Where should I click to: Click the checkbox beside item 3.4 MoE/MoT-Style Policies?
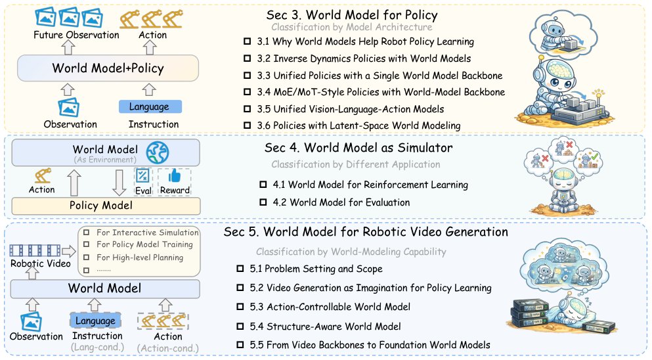click(x=247, y=92)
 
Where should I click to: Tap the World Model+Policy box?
click(x=108, y=68)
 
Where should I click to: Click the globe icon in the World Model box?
click(x=158, y=152)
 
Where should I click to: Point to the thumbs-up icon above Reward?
click(x=174, y=176)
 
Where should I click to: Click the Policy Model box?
click(x=106, y=206)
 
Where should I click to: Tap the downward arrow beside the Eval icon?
click(x=120, y=182)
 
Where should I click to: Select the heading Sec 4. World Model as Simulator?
click(x=359, y=148)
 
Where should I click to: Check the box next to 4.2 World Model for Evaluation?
click(x=263, y=202)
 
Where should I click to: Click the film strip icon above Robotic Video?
click(x=35, y=250)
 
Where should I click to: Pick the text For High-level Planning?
click(x=140, y=258)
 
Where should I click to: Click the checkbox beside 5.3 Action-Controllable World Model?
click(x=240, y=307)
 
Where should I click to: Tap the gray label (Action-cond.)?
click(x=168, y=348)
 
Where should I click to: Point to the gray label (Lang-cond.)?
click(x=98, y=347)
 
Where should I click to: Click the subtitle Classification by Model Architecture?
click(x=352, y=27)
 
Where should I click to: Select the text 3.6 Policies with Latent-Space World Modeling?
click(x=359, y=125)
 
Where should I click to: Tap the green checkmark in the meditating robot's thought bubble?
click(x=595, y=156)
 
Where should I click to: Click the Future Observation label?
click(x=76, y=35)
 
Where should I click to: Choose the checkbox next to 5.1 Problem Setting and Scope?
click(x=240, y=269)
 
